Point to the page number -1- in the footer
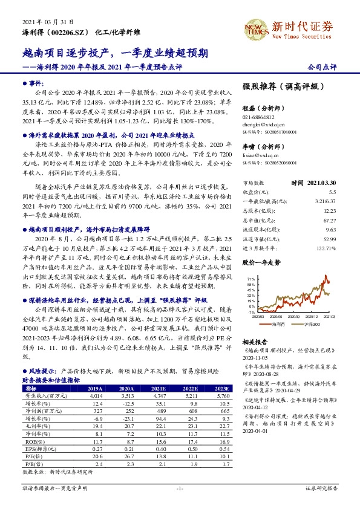[x=180, y=487]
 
